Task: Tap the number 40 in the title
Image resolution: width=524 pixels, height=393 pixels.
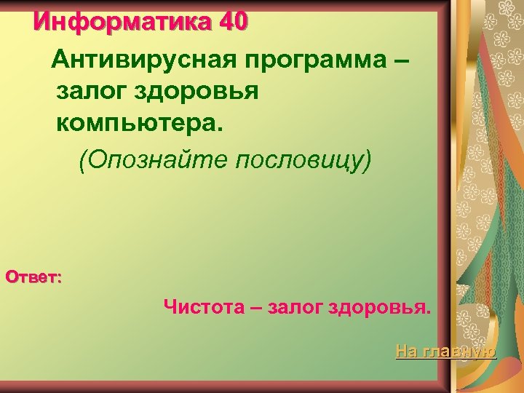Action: pyautogui.click(x=233, y=22)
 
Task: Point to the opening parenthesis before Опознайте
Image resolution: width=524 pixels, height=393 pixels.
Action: pyautogui.click(x=84, y=160)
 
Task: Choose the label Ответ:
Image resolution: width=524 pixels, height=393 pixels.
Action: pyautogui.click(x=33, y=277)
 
